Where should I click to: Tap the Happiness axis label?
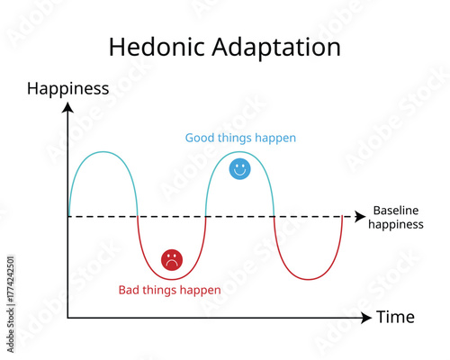click(68, 88)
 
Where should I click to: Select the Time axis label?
click(395, 317)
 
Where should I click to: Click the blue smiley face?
click(239, 168)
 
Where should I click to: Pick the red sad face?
click(171, 260)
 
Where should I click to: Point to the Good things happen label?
click(240, 138)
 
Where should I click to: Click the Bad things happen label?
click(169, 290)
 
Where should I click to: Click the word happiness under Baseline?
click(396, 224)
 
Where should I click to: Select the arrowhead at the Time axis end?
click(365, 318)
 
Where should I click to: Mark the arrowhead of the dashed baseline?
click(358, 217)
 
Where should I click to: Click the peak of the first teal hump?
click(102, 153)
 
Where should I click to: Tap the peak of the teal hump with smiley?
click(240, 153)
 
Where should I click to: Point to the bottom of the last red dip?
click(309, 279)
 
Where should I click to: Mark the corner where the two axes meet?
click(67, 318)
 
